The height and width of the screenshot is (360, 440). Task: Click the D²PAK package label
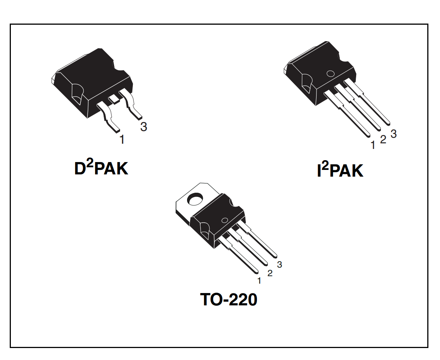coord(101,168)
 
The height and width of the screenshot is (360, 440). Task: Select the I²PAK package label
coord(340,171)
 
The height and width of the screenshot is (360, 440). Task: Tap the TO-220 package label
coord(229,299)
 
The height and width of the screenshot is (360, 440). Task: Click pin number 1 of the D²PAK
coord(122,140)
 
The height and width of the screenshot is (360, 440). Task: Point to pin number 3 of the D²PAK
coord(143,127)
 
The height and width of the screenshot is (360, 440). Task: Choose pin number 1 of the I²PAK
coord(372,145)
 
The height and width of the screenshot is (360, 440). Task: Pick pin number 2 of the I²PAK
coord(383,140)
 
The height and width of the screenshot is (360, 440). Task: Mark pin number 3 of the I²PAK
coord(393,134)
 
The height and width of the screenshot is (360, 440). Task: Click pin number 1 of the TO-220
coord(259,280)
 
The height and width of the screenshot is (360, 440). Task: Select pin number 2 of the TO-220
coord(270,273)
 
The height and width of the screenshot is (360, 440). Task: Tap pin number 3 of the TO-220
coord(279,265)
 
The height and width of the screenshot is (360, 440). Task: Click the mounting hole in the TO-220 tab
coord(195,199)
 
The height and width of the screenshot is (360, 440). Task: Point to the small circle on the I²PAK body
coord(330,74)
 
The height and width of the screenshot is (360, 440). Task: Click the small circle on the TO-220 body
coord(225,220)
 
